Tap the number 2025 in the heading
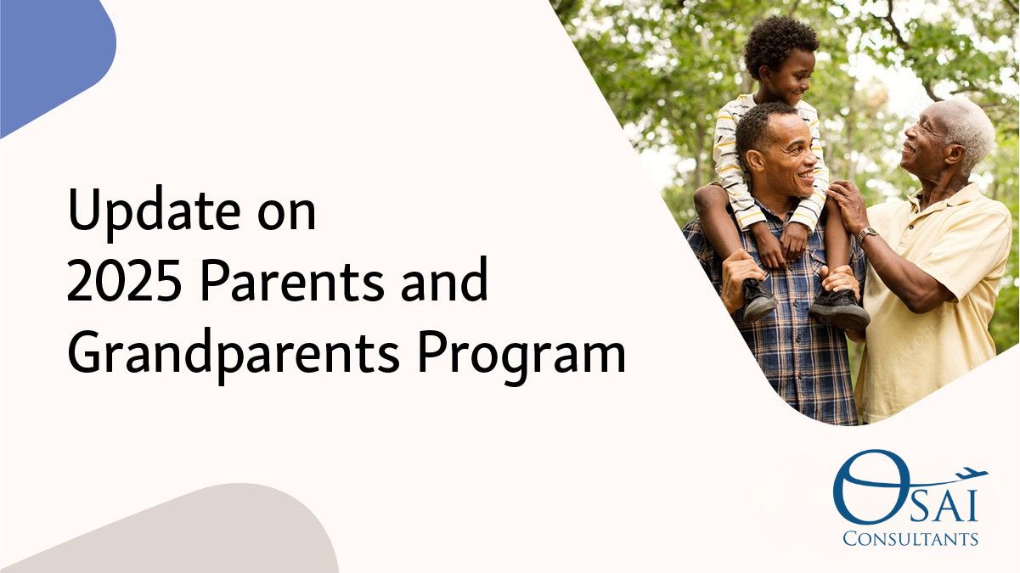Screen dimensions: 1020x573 tap(125, 280)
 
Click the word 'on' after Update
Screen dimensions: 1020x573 tap(286, 214)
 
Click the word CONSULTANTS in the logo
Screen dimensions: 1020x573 tap(910, 539)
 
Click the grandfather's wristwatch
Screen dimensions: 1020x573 tap(868, 234)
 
